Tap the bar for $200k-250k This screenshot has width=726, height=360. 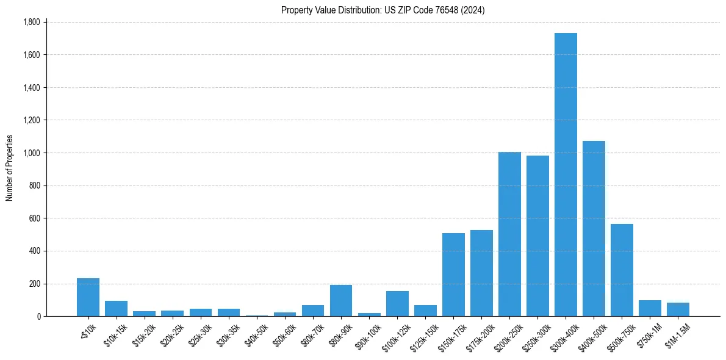pyautogui.click(x=509, y=234)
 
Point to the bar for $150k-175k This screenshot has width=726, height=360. pyautogui.click(x=453, y=275)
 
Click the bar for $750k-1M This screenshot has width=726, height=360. pyautogui.click(x=650, y=308)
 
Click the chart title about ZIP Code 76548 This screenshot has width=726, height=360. pyautogui.click(x=383, y=10)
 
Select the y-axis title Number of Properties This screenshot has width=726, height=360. pyautogui.click(x=10, y=168)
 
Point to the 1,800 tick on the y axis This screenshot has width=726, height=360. pyautogui.click(x=31, y=23)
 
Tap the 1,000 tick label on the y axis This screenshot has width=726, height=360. pyautogui.click(x=31, y=153)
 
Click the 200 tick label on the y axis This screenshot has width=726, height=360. pyautogui.click(x=34, y=284)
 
